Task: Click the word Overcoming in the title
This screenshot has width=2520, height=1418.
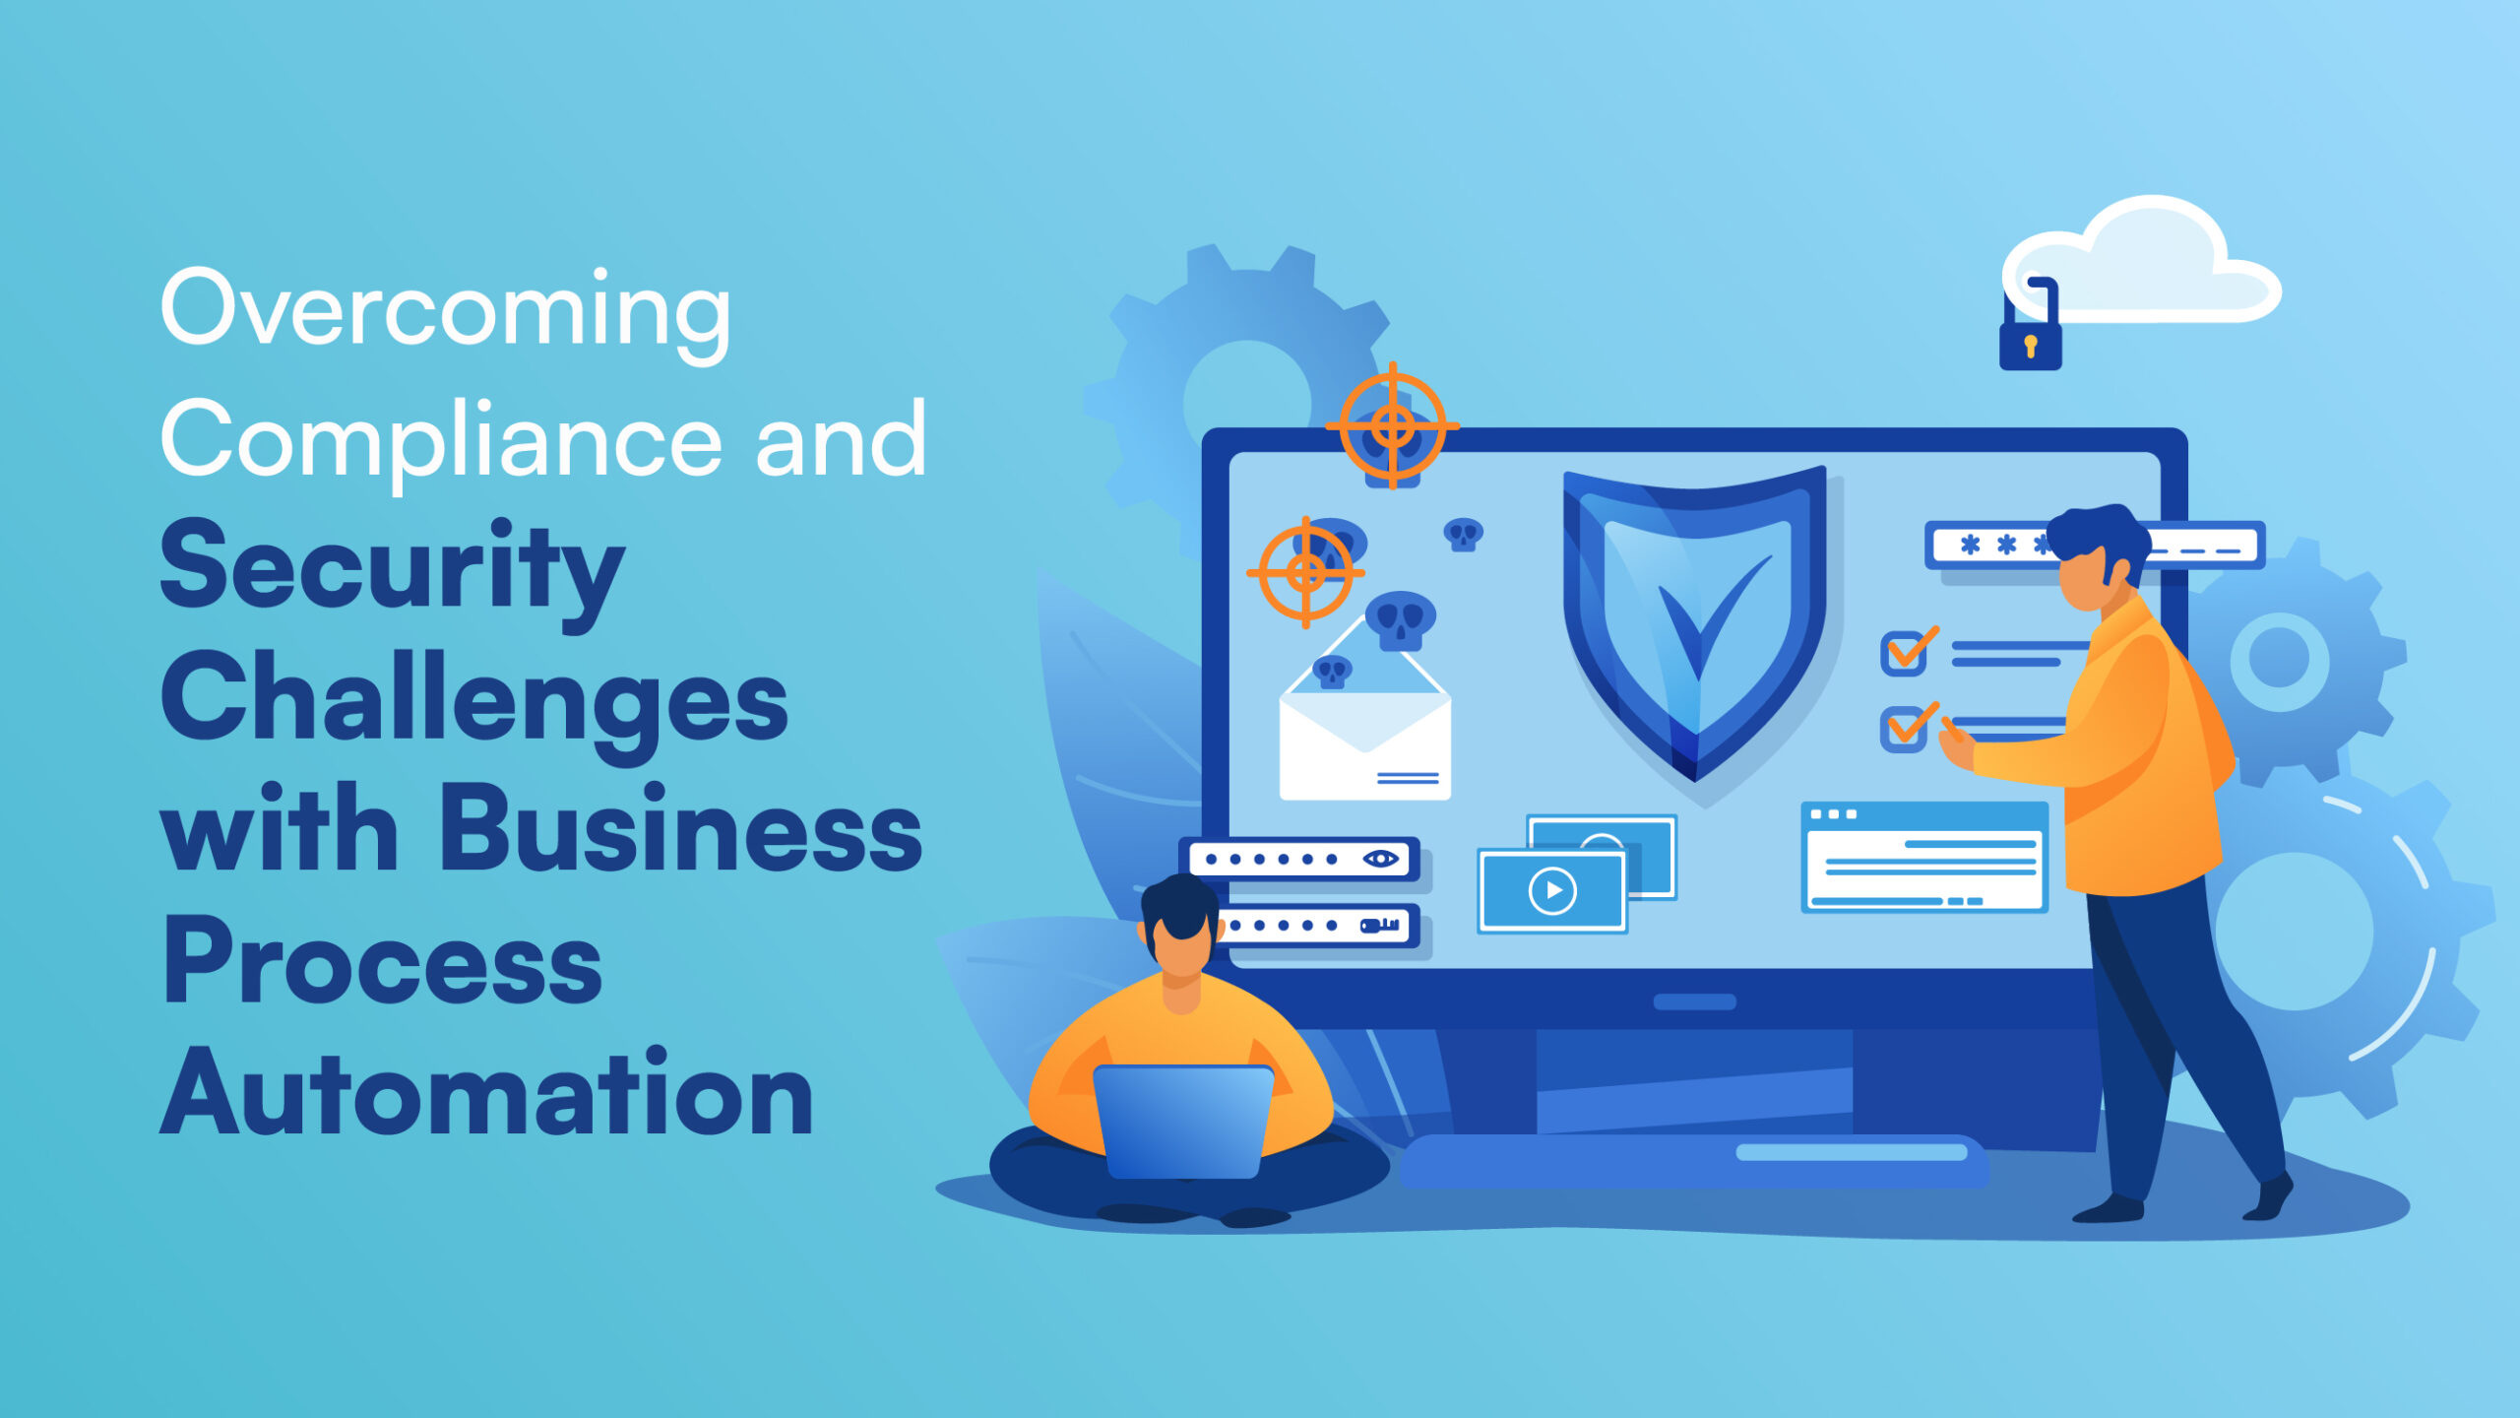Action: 445,311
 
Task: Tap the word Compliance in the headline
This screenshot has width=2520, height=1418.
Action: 440,440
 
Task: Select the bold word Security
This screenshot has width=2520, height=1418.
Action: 392,570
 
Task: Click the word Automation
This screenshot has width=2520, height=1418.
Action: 486,1094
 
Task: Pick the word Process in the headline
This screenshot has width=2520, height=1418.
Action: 382,962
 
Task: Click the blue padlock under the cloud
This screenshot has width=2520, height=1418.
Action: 2030,341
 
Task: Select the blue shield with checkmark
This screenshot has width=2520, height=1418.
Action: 1694,620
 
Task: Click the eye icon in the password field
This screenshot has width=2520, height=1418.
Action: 1380,859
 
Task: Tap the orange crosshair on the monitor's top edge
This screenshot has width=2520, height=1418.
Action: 1392,426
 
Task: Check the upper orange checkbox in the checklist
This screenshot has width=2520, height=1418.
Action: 1904,653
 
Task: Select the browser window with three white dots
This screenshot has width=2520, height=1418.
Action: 1924,857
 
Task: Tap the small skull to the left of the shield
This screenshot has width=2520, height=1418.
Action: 1463,535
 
